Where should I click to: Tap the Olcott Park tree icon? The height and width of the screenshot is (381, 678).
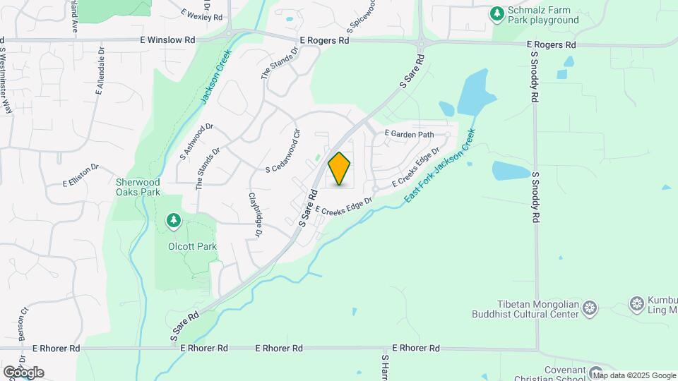point(173,222)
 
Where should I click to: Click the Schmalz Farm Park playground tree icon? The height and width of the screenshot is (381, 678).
point(497,13)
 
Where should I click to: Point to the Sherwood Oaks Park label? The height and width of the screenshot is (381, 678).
point(138,187)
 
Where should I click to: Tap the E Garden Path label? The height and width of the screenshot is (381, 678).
point(409,133)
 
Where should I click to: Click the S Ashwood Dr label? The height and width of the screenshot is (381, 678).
point(196,140)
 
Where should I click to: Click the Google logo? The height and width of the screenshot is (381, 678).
point(23,373)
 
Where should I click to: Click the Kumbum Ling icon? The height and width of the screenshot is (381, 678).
point(637,303)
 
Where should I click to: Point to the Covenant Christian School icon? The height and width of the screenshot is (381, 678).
point(597,372)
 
